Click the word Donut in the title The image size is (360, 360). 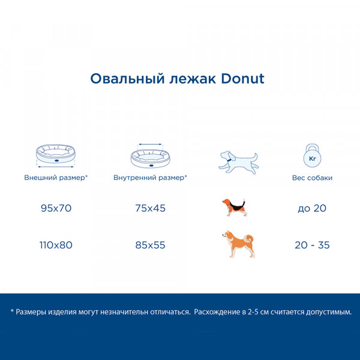pyautogui.click(x=242, y=79)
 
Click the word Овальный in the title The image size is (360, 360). pyautogui.click(x=127, y=79)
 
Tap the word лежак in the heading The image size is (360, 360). pyautogui.click(x=193, y=79)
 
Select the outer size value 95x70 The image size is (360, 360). pyautogui.click(x=56, y=208)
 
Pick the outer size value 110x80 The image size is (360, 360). pyautogui.click(x=56, y=245)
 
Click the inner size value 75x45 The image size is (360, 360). pyautogui.click(x=151, y=208)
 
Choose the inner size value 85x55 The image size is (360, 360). pyautogui.click(x=150, y=245)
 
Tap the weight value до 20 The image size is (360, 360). pyautogui.click(x=312, y=208)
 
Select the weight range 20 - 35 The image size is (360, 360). pyautogui.click(x=312, y=245)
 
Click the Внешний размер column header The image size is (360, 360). pyautogui.click(x=56, y=178)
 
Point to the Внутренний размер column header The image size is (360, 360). pyautogui.click(x=150, y=178)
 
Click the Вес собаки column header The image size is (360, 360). pyautogui.click(x=312, y=178)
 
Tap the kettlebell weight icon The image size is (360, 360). pyautogui.click(x=312, y=155)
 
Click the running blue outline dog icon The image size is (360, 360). pyautogui.click(x=239, y=163)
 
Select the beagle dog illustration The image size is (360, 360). pyautogui.click(x=235, y=208)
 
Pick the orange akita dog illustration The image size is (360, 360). pyautogui.click(x=239, y=244)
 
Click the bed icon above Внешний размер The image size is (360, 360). pyautogui.click(x=56, y=155)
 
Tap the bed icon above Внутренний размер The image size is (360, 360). pyautogui.click(x=151, y=156)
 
